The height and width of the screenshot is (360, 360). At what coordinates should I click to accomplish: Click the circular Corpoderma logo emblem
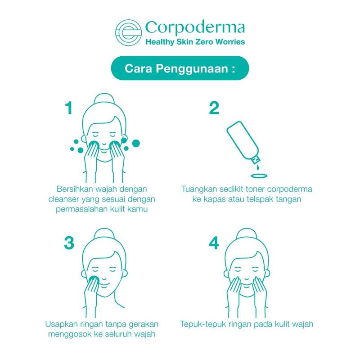coord(128,32)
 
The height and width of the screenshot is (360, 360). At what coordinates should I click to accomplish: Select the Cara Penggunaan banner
coord(180,68)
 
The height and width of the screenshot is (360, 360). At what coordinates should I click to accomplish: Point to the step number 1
coord(69,108)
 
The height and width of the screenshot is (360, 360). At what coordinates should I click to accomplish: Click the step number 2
coord(214,108)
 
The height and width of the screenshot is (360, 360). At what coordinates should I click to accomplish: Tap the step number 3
coord(69,243)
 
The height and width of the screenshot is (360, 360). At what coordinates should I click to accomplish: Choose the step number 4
coord(214,243)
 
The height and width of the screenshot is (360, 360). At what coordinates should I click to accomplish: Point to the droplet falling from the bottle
coord(258,167)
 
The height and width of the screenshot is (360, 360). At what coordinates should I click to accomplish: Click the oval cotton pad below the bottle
coord(259,176)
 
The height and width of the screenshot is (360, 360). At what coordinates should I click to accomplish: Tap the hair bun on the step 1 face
coord(104,99)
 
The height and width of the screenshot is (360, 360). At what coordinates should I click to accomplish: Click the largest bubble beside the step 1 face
coord(136,143)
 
